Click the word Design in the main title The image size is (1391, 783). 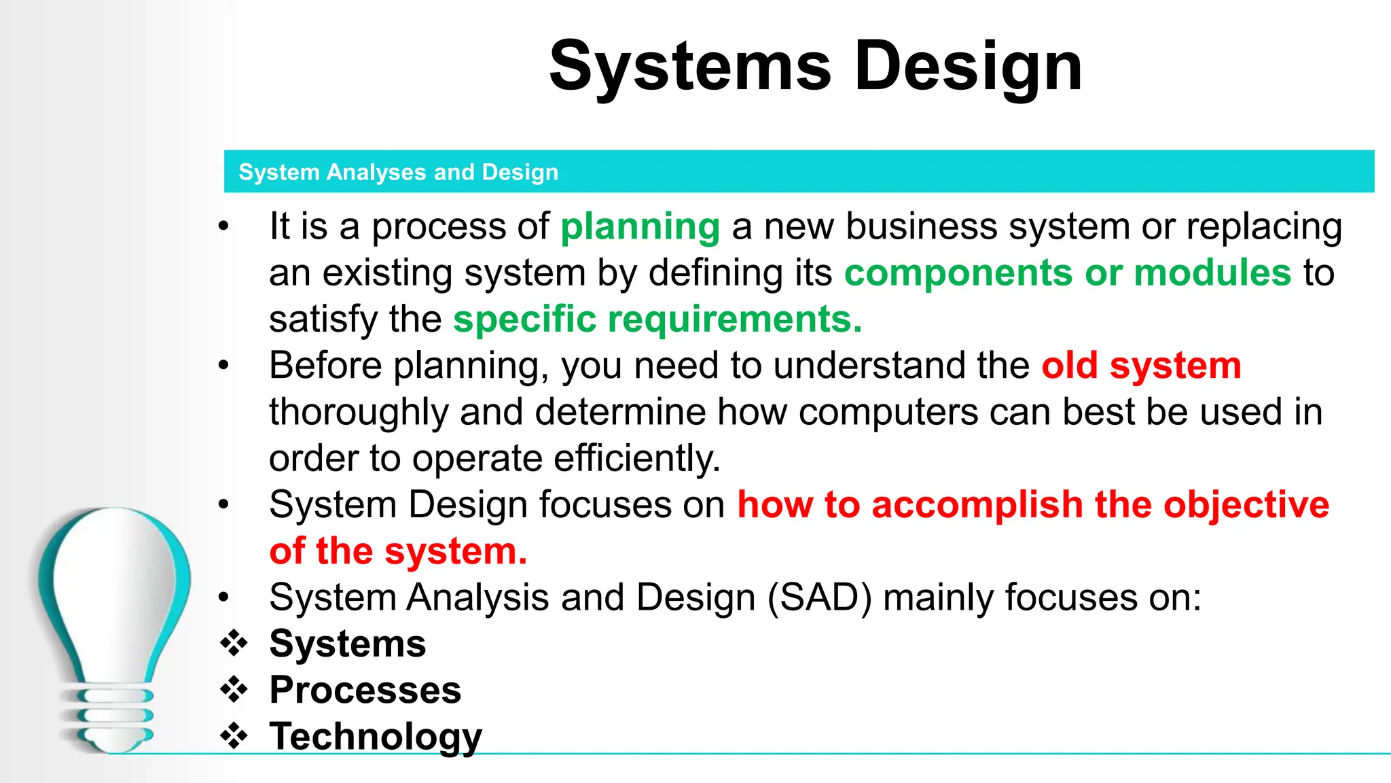tap(967, 67)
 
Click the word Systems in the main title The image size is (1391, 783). tap(690, 67)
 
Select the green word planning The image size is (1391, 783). tap(640, 227)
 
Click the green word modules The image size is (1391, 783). tap(1212, 273)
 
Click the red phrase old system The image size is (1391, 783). tap(1141, 366)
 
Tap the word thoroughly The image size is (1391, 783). tap(358, 413)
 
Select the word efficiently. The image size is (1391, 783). tap(636, 459)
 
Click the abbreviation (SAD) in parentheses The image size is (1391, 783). tap(819, 598)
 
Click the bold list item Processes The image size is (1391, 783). tap(365, 691)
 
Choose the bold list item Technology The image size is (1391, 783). tap(376, 737)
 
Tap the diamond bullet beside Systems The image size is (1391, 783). tap(234, 644)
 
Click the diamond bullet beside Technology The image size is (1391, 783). tap(234, 736)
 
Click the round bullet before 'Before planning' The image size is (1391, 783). tap(223, 366)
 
